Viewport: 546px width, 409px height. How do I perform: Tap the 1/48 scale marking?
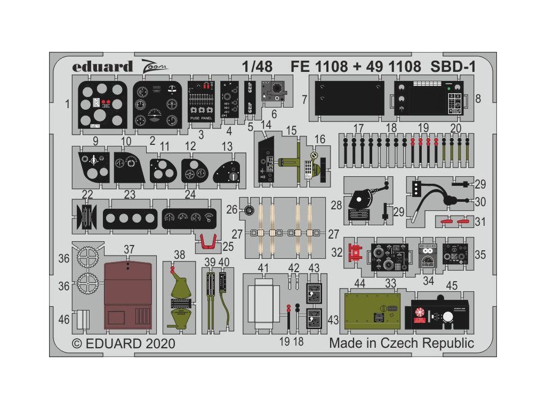tap(256, 67)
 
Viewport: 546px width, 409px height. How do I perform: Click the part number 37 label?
tap(129, 249)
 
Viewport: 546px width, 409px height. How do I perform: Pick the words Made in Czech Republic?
tap(401, 343)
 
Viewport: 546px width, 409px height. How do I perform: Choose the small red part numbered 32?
tap(354, 252)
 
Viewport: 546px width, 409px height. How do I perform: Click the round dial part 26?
tap(248, 211)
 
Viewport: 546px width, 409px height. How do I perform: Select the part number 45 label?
tap(452, 286)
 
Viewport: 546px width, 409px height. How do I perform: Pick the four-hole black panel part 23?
tap(130, 218)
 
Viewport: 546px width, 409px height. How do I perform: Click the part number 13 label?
tap(227, 146)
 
